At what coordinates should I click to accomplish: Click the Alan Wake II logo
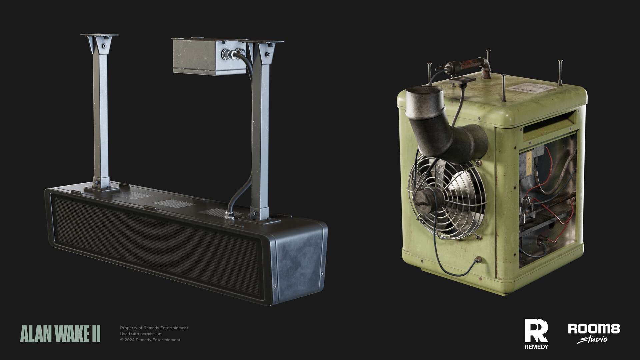pos(60,334)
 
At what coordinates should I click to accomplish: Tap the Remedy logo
pos(536,334)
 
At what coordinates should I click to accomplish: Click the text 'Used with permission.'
pos(141,334)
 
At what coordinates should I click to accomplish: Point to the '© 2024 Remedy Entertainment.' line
pos(151,340)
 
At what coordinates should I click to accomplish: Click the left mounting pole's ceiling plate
pos(99,35)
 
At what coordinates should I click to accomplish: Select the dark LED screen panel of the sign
pos(157,247)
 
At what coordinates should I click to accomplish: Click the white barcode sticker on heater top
pos(533,88)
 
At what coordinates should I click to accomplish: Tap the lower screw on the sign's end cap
pos(275,286)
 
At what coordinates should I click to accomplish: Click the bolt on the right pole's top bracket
pos(267,54)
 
